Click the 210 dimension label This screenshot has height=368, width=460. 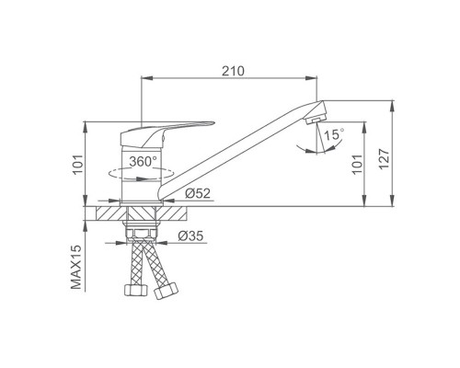(234, 71)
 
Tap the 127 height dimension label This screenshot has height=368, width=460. (384, 158)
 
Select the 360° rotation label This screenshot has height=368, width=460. (143, 161)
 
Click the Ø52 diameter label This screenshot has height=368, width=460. (198, 193)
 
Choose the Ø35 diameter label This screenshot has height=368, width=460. (190, 236)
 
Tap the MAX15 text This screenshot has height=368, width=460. (76, 267)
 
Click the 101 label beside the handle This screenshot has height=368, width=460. (78, 165)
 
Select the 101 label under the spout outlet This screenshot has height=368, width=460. (358, 165)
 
